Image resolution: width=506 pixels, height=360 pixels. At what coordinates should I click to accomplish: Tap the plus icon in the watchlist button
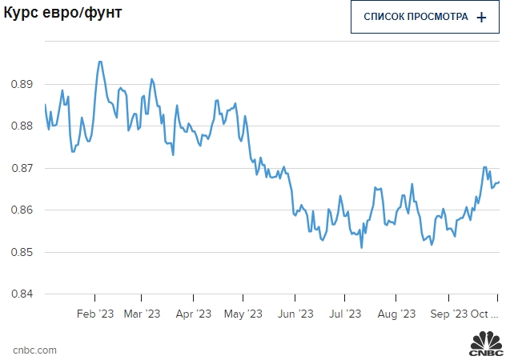(x=481, y=17)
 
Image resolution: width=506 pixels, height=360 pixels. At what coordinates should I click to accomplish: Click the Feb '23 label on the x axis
(x=95, y=314)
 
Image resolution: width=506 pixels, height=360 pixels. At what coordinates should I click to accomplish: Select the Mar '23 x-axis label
(x=143, y=314)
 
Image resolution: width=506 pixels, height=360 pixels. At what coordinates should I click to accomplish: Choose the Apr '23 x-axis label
(x=193, y=314)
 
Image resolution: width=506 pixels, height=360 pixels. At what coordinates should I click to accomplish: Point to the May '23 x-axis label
(x=243, y=314)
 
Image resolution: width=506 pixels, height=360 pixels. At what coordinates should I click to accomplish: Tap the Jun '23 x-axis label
(x=295, y=314)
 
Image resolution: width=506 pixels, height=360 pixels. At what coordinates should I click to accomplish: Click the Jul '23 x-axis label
(x=346, y=314)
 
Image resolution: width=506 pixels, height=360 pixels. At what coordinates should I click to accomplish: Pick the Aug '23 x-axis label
(x=396, y=314)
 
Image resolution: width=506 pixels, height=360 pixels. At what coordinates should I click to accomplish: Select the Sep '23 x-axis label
(x=448, y=314)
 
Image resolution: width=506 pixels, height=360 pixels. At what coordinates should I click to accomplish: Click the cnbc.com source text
(x=34, y=350)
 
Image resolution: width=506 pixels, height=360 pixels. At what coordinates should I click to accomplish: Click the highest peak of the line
(x=99, y=62)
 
